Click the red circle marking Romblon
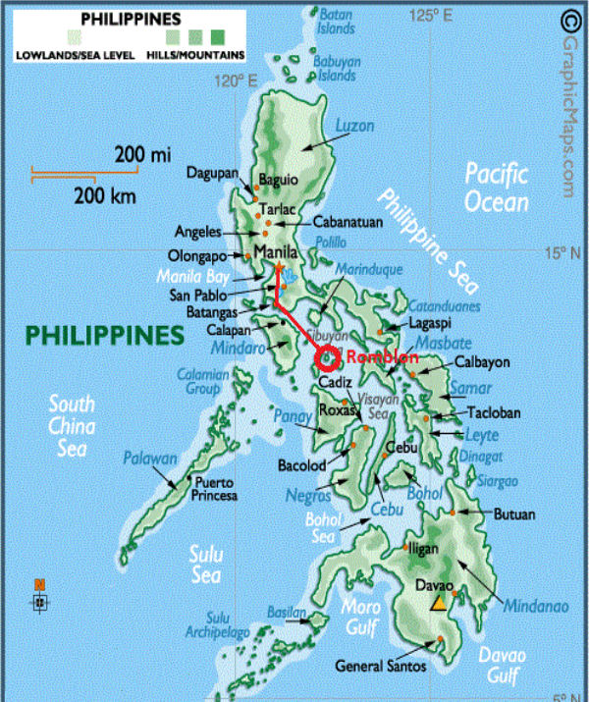point(327,358)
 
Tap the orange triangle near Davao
point(440,601)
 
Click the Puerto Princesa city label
point(215,489)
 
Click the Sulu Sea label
point(205,566)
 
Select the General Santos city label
point(381,666)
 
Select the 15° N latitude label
point(562,253)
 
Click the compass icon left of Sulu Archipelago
point(39,598)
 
